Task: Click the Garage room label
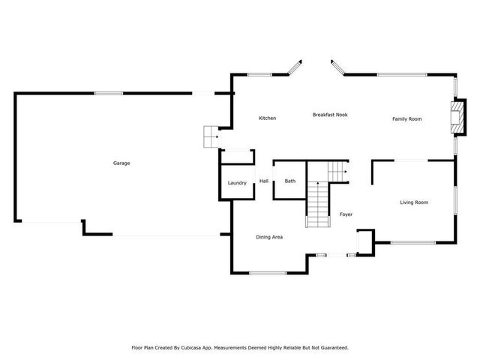tap(121, 163)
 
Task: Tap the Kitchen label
tap(268, 118)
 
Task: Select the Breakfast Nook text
tap(330, 115)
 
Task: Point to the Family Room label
tap(407, 119)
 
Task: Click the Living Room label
tap(414, 202)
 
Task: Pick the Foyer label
tap(346, 214)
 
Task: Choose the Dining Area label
tap(269, 237)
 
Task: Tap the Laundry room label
tap(237, 183)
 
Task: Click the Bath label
tap(289, 181)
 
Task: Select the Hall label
tap(264, 181)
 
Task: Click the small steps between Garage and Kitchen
tap(211, 136)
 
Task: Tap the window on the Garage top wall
tap(109, 93)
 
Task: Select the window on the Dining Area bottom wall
tap(268, 272)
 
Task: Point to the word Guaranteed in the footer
tap(332, 347)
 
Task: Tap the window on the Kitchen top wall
tap(259, 74)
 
